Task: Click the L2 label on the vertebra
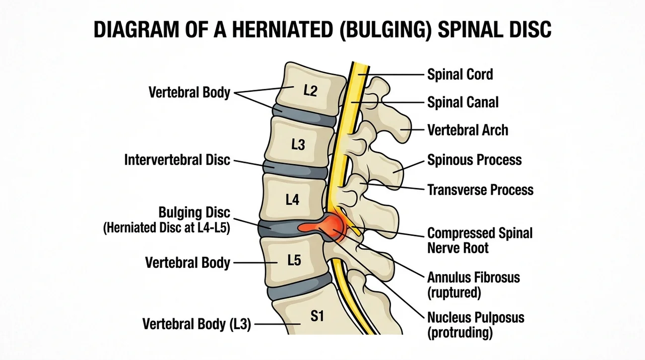coord(310,91)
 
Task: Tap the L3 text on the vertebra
coord(298,145)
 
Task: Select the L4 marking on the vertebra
coord(292,200)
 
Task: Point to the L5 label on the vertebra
coord(294,260)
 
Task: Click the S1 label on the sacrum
coord(317,316)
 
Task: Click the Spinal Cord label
coord(460,74)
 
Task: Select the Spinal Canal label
coord(463,102)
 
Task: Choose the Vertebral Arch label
coord(468,130)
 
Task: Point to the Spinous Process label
coord(475,160)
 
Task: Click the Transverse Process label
coord(480,190)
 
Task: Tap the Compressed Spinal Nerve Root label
coord(480,241)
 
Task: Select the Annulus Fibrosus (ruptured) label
coord(474,285)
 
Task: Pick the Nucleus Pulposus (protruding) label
coord(476,325)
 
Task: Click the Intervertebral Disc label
coord(177,160)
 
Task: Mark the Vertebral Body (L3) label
coord(197,324)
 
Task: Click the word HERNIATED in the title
coord(283,29)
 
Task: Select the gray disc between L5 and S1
coord(299,285)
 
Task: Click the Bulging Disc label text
coord(195,213)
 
